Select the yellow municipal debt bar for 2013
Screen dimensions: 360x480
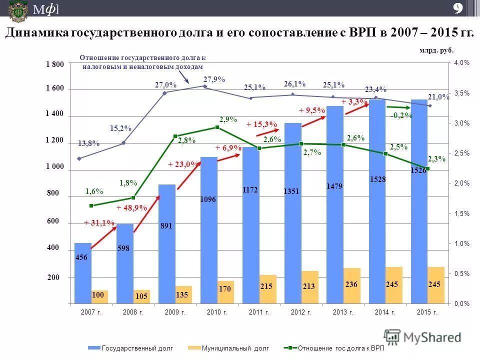(351, 286)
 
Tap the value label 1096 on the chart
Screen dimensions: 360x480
(208, 199)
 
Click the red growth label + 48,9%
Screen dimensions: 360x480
(131, 207)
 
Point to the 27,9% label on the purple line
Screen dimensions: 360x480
(214, 79)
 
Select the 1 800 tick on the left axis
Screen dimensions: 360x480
(55, 64)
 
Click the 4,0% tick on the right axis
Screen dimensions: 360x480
(461, 63)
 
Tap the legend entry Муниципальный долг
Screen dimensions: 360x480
(235, 348)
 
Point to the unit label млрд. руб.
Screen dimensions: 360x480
(436, 50)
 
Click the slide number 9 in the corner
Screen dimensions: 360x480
(457, 8)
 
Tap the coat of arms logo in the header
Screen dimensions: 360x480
(18, 11)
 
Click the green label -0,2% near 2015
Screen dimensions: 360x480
(401, 115)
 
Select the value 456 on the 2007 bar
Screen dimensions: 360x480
(81, 257)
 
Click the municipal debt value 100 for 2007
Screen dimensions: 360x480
(97, 295)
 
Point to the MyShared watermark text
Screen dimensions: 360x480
(432, 337)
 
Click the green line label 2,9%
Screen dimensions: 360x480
(228, 119)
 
